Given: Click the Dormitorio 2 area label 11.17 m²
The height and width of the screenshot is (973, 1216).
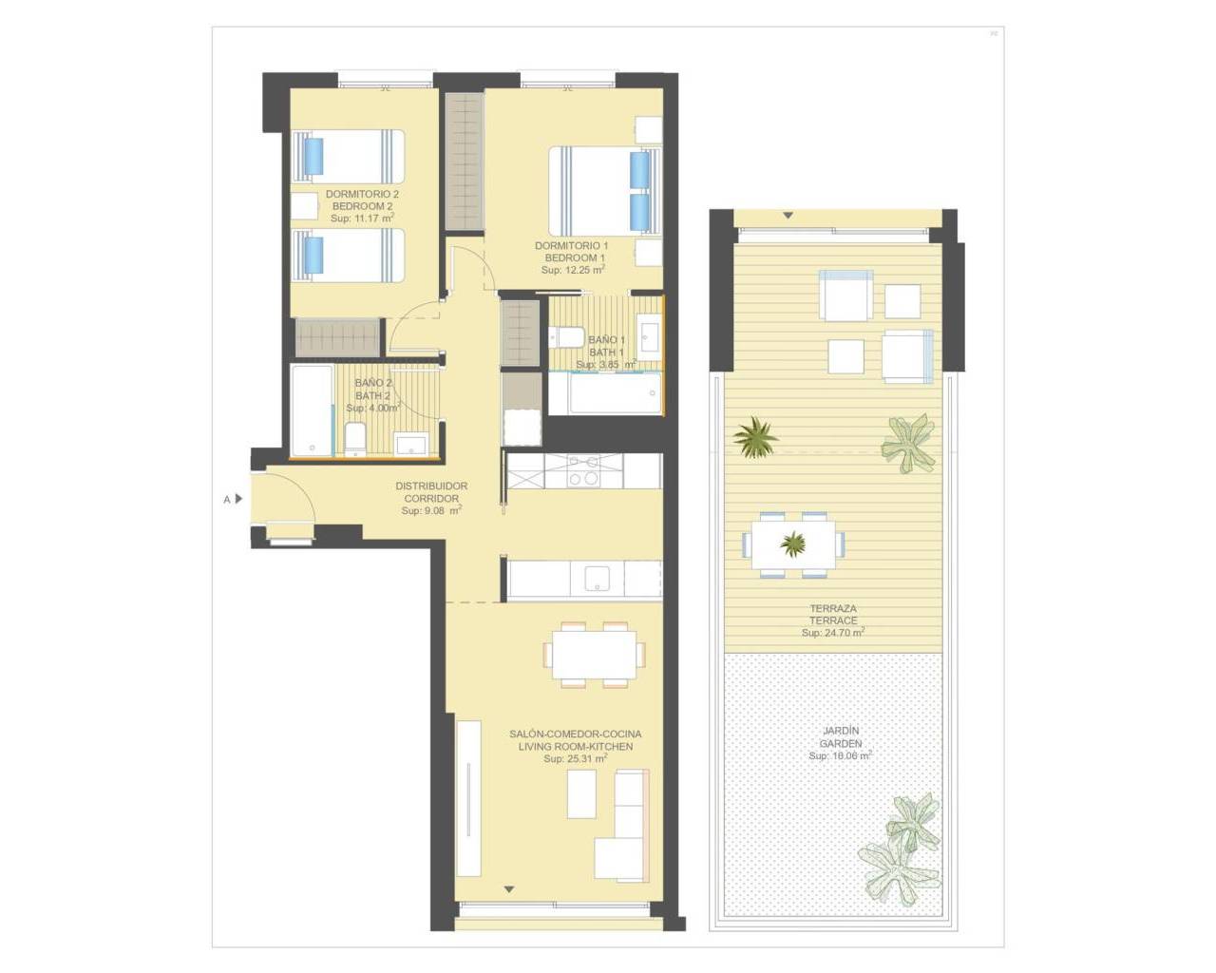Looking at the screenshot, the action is pyautogui.click(x=362, y=218).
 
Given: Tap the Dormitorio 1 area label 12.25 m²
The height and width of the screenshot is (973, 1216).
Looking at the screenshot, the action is pyautogui.click(x=573, y=270).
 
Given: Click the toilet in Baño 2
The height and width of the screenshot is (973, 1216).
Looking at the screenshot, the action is pyautogui.click(x=355, y=438).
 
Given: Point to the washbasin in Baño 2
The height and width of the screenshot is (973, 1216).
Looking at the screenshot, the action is pyautogui.click(x=410, y=444).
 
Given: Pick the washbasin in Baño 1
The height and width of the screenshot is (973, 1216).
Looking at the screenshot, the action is pyautogui.click(x=649, y=336).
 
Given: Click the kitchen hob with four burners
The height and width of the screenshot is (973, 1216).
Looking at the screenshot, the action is pyautogui.click(x=584, y=470).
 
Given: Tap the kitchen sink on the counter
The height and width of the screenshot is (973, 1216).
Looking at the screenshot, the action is pyautogui.click(x=597, y=579).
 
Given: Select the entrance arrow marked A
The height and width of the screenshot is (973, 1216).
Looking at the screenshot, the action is pyautogui.click(x=238, y=499).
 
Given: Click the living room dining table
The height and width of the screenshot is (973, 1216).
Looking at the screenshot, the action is pyautogui.click(x=594, y=655).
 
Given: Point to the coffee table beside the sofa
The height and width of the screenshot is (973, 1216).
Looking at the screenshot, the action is pyautogui.click(x=581, y=793).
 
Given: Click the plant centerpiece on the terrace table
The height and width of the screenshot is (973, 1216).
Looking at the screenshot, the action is pyautogui.click(x=792, y=544).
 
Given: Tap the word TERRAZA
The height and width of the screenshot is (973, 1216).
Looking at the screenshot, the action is pyautogui.click(x=833, y=609).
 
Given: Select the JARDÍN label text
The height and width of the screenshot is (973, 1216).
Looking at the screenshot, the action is pyautogui.click(x=842, y=731).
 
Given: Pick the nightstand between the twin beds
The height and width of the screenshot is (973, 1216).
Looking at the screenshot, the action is pyautogui.click(x=305, y=206).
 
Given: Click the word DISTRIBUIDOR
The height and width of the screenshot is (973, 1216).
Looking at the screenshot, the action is pyautogui.click(x=431, y=486).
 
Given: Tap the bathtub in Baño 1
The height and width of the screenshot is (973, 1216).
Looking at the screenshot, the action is pyautogui.click(x=605, y=393).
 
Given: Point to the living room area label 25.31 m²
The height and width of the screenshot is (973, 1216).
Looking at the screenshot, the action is pyautogui.click(x=576, y=758).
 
